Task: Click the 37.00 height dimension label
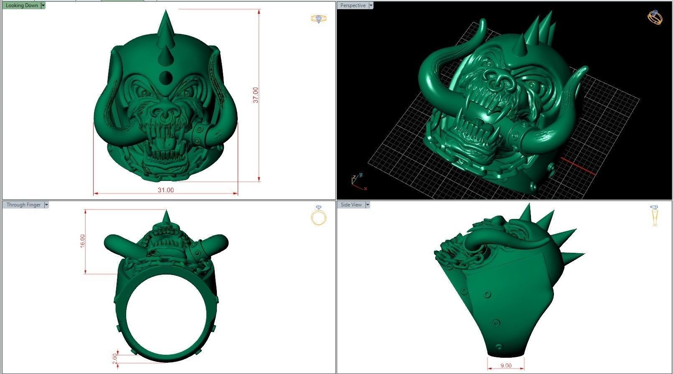tap(256, 95)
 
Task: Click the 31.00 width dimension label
tap(165, 190)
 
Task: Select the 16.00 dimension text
tap(82, 241)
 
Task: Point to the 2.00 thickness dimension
tap(115, 359)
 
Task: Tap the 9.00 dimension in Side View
tap(505, 366)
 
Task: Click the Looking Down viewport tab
tap(22, 5)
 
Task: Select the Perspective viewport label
tap(353, 5)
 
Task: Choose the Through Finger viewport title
tap(23, 205)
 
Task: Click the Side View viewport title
tap(351, 205)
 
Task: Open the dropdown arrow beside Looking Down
tap(43, 5)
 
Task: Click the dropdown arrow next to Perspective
tap(371, 5)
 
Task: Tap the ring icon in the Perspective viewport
tap(655, 17)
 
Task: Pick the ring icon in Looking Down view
tap(319, 19)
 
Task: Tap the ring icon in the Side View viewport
tap(654, 216)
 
